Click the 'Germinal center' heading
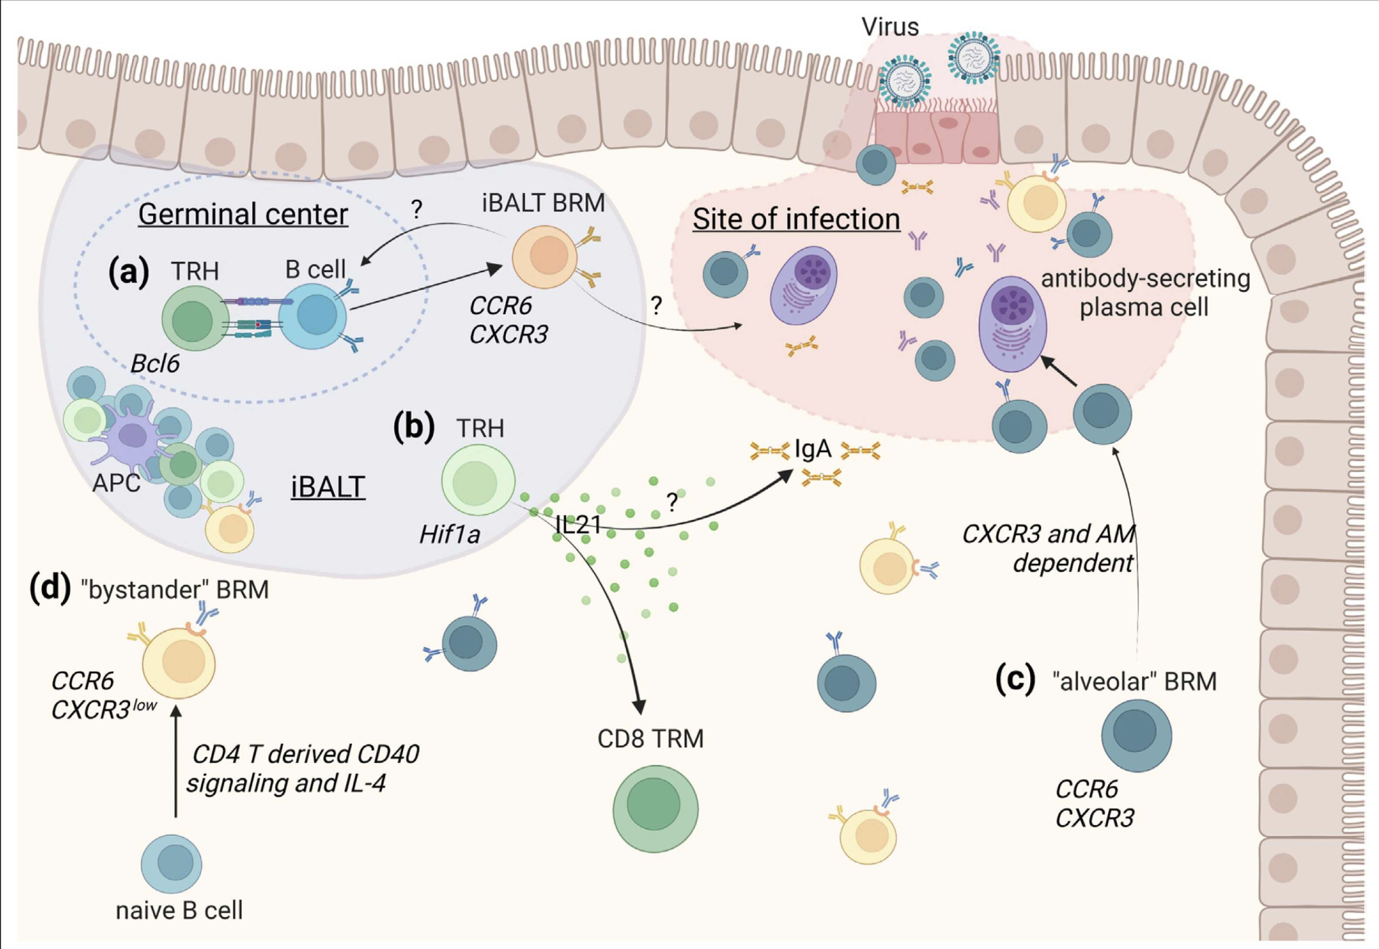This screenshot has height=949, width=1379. coord(242,215)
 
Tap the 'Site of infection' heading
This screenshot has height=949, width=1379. coord(796,219)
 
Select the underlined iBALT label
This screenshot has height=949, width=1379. coord(328,487)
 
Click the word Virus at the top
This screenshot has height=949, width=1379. coord(889,27)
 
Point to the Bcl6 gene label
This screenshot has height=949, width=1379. coord(154,364)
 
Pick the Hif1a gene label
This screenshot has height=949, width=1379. coord(450,535)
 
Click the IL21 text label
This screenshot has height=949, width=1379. coord(578,524)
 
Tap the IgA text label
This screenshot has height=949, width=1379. coord(813,449)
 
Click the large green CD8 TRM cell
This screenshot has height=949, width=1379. coord(655,808)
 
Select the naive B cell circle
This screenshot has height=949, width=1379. coord(171,864)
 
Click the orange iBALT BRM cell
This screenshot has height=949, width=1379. coord(545,257)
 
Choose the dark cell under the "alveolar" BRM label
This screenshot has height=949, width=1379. coord(1136,735)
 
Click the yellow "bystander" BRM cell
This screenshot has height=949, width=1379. coord(179,662)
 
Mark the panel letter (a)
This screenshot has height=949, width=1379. coord(129,272)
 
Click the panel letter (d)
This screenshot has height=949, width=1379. coord(49,588)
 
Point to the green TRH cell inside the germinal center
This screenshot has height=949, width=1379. coord(194,318)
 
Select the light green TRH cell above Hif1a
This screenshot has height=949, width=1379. coord(478,481)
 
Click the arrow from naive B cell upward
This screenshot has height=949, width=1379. coord(176,762)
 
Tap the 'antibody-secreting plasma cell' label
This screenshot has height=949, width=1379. coord(1145,292)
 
